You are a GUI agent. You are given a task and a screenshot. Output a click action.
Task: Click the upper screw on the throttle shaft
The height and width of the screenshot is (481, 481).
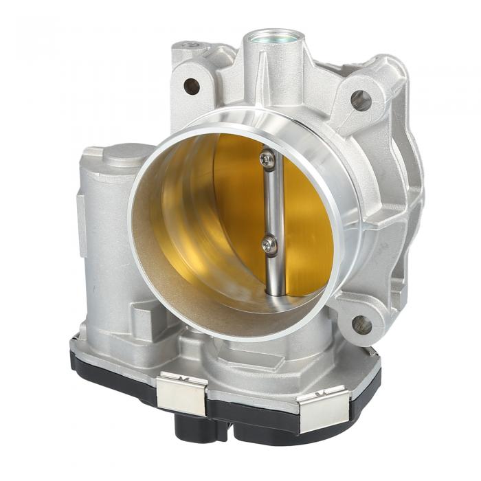pyautogui.click(x=267, y=160)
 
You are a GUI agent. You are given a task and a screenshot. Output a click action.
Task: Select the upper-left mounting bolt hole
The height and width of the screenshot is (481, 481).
pyautogui.click(x=192, y=86)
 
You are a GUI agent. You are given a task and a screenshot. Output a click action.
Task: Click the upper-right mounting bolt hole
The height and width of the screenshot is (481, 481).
pyautogui.click(x=361, y=100)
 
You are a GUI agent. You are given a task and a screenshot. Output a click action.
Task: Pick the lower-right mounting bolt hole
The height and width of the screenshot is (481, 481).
pyautogui.click(x=362, y=324)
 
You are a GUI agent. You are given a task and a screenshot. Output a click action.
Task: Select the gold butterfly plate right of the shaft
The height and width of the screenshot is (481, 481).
pyautogui.click(x=306, y=206)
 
